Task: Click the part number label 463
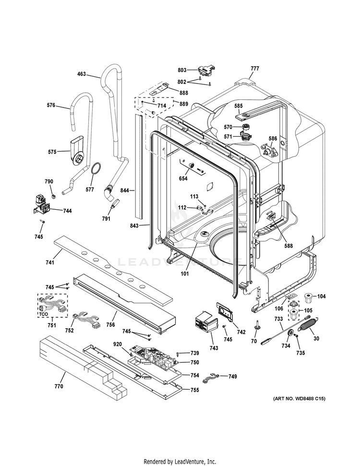point(82,74)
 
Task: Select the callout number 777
point(254,69)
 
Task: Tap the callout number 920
point(118,344)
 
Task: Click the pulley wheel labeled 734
point(290,335)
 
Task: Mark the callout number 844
point(125,190)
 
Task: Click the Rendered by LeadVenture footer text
point(180,461)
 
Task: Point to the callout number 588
point(288,246)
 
